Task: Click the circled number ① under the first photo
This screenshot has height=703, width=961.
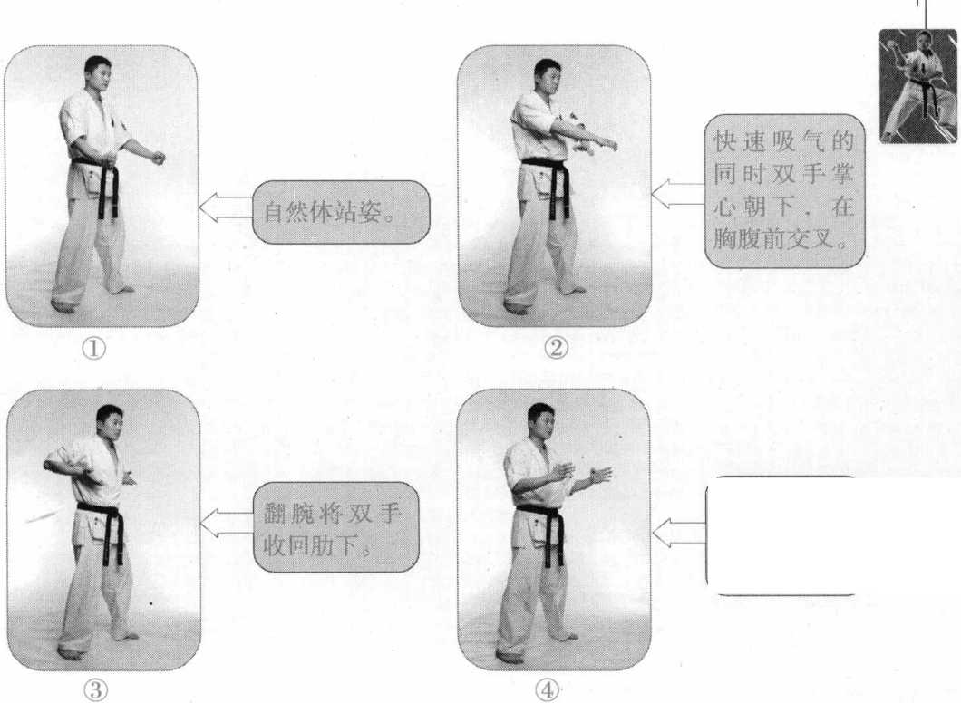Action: (x=93, y=349)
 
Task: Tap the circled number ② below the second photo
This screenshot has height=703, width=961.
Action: (x=556, y=348)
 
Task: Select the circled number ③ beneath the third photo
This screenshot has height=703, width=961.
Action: (x=95, y=690)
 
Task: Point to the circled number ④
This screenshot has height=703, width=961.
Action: (x=548, y=690)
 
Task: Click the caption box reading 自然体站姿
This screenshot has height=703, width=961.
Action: (x=341, y=212)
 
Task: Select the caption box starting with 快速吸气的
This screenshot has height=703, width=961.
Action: (x=784, y=191)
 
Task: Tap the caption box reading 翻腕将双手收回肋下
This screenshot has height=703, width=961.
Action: (x=335, y=527)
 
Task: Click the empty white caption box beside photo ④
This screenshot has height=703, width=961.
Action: (x=781, y=535)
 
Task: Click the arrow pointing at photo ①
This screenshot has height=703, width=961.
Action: (x=226, y=207)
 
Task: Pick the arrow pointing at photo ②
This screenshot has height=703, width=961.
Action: (x=678, y=195)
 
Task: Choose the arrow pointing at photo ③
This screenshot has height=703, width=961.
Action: (x=227, y=523)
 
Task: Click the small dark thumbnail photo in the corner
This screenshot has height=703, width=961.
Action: (x=918, y=86)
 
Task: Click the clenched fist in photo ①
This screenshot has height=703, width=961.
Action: (x=158, y=158)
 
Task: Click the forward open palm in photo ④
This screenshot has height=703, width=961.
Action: (x=600, y=476)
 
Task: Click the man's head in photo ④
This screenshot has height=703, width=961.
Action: (x=540, y=420)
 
